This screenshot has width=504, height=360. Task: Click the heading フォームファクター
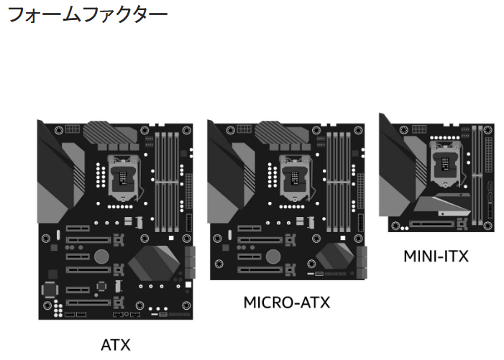(87, 14)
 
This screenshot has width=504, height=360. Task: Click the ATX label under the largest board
(116, 344)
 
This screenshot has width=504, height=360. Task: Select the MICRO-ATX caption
(286, 302)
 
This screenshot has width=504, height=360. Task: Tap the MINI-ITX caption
(436, 256)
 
